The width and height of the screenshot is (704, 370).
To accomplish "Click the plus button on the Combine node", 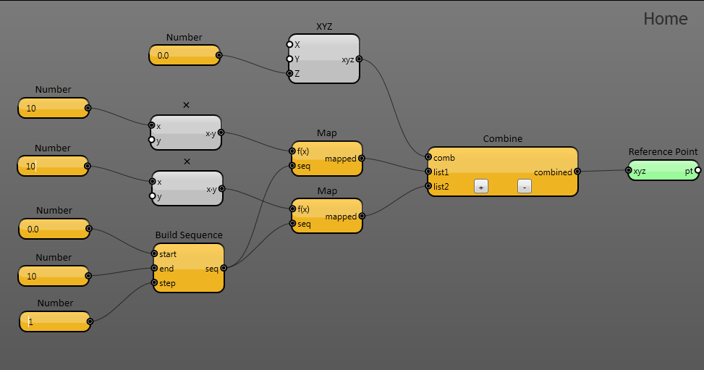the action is click(x=481, y=187).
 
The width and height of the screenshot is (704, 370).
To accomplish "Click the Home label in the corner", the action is click(x=666, y=19).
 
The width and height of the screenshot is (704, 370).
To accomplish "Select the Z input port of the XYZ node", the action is click(x=289, y=73).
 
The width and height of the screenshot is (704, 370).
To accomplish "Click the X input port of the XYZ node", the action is click(x=289, y=44).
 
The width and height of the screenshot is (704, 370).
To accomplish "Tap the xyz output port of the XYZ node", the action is click(x=359, y=59).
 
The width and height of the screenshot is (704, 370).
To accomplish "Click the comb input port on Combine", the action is click(x=428, y=157).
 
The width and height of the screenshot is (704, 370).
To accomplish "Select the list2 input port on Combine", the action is click(x=428, y=185).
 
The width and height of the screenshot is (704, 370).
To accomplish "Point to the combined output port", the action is click(x=577, y=172).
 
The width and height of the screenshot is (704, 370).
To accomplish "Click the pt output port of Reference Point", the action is click(x=697, y=170).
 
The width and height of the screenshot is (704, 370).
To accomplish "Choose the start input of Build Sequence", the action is click(x=154, y=253).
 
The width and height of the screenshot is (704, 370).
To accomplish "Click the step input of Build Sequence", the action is click(x=154, y=282).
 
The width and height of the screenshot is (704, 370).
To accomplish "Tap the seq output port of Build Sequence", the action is click(x=224, y=268).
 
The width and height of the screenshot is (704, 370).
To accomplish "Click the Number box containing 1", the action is click(x=55, y=321).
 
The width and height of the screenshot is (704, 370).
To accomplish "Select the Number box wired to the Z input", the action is click(x=185, y=55).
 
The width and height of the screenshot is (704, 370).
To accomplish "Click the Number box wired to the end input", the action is click(x=54, y=276).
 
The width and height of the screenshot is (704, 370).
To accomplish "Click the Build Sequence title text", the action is click(x=189, y=235).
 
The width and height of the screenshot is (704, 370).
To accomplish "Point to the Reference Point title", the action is click(x=663, y=151).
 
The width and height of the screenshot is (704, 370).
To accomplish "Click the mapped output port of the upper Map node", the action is click(x=362, y=159).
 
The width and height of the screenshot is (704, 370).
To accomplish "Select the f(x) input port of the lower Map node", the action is click(x=293, y=209).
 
